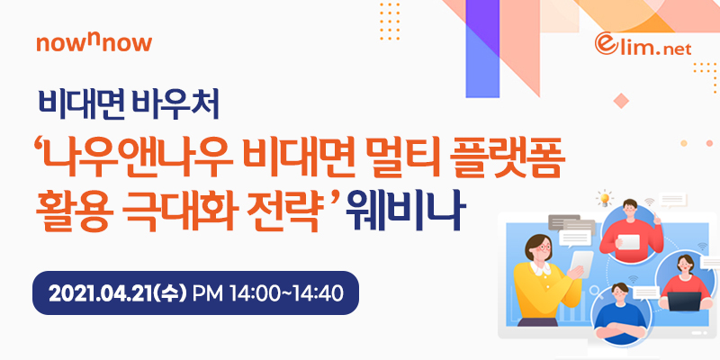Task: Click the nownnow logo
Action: (x=94, y=43)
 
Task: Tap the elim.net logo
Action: (x=643, y=44)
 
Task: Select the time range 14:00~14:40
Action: (x=287, y=293)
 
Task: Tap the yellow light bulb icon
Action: (x=605, y=198)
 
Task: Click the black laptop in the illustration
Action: (x=684, y=301)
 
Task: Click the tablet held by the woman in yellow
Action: (x=580, y=264)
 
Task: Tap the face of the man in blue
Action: (x=619, y=295)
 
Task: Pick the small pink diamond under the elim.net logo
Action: (x=621, y=101)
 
